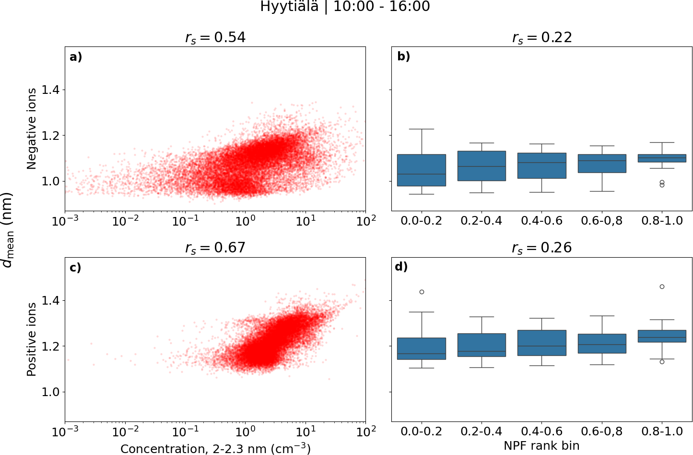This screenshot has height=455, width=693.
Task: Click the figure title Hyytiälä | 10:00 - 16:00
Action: click(345, 7)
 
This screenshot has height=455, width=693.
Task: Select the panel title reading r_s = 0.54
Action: click(215, 37)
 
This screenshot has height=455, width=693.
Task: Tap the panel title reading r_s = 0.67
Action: click(215, 248)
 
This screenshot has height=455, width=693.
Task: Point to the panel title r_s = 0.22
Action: click(542, 37)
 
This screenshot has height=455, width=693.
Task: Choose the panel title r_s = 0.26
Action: click(542, 248)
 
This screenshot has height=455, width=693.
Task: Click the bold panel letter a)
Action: click(76, 57)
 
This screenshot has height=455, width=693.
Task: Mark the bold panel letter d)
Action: click(401, 266)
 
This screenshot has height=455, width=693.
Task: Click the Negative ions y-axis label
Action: click(32, 128)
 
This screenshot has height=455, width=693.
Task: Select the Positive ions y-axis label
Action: click(32, 339)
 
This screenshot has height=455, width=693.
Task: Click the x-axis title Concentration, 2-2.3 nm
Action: click(215, 448)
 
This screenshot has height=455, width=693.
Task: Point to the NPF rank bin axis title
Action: click(541, 446)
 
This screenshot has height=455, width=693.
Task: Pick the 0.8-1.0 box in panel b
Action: click(662, 158)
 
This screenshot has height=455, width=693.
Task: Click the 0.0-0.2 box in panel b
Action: click(422, 170)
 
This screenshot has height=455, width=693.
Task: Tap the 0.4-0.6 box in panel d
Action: click(542, 342)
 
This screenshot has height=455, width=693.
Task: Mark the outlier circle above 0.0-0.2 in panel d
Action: click(422, 292)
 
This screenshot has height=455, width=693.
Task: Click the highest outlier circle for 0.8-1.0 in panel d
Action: click(662, 286)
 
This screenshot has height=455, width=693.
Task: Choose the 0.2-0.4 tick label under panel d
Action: click(482, 432)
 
